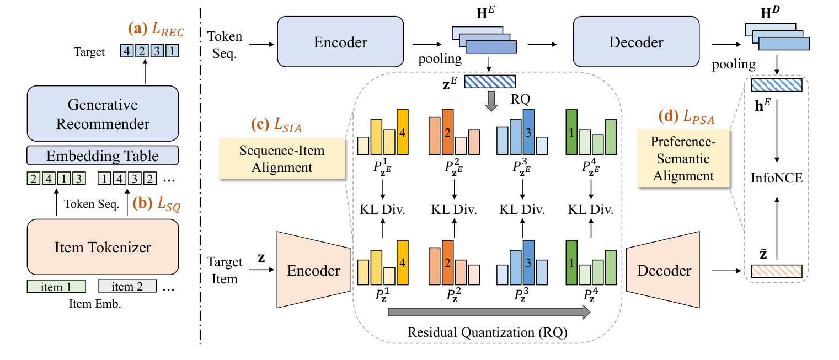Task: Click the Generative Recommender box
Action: (103, 114)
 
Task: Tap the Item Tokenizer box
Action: (103, 247)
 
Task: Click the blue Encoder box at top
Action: (340, 42)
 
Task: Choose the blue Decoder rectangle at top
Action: (636, 42)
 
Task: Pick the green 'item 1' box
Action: (56, 286)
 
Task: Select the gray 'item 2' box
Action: (127, 286)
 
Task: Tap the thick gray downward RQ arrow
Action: (489, 100)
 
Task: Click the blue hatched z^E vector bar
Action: (489, 82)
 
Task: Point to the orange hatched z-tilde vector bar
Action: (776, 271)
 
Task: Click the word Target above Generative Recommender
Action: (89, 52)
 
